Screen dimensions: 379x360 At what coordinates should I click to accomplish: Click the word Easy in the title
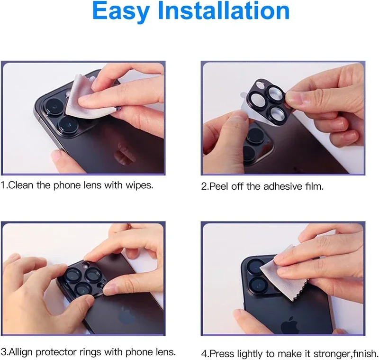coord(121,11)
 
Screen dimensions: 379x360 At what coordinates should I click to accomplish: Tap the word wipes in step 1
coord(139,185)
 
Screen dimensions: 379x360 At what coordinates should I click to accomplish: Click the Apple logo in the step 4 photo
coord(290,325)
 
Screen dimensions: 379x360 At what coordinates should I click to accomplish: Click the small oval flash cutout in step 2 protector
coord(260,85)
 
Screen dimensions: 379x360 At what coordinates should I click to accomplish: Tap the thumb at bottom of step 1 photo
coord(63,161)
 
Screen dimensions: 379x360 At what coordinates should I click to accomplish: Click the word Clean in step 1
coord(20,185)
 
